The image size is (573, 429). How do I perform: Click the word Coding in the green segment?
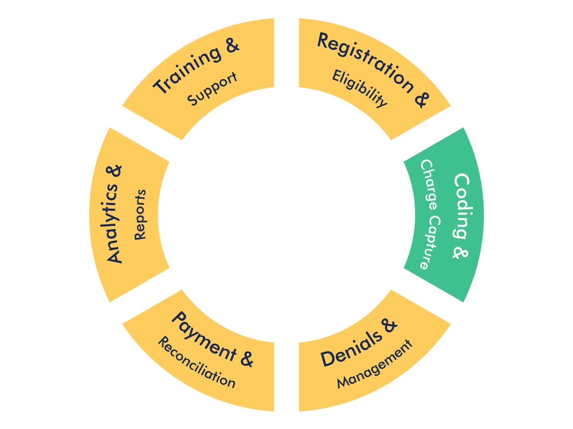pos(462,206)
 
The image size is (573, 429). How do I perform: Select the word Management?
pos(374,365)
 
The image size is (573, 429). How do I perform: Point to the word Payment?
pos(204,336)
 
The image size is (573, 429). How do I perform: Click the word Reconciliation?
pos(197,362)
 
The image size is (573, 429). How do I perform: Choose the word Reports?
pos(140,215)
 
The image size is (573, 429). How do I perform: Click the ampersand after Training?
pos(232,46)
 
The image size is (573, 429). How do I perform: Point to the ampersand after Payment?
pos(247,358)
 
